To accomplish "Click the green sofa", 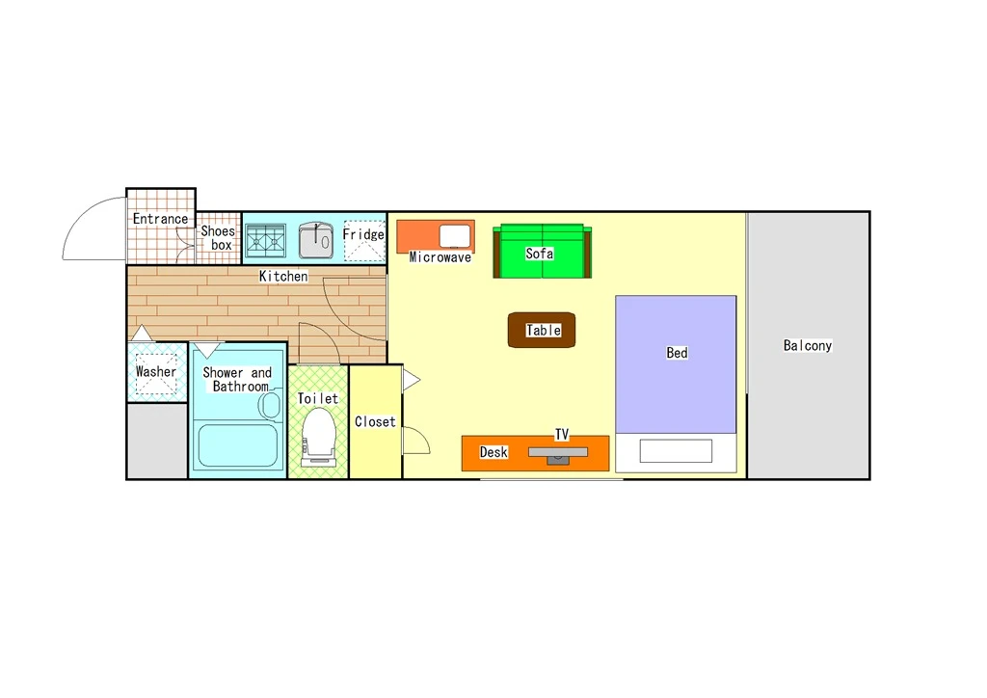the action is pyautogui.click(x=542, y=251).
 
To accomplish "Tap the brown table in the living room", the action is pyautogui.click(x=542, y=330).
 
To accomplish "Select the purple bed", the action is pyautogui.click(x=676, y=364).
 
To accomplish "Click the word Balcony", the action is pyautogui.click(x=808, y=345).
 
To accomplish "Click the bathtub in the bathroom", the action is pyautogui.click(x=237, y=445).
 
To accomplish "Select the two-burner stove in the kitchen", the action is pyautogui.click(x=265, y=241).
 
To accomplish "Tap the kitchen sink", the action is pyautogui.click(x=316, y=240).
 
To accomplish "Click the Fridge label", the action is pyautogui.click(x=363, y=234).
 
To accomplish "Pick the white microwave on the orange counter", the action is pyautogui.click(x=455, y=236).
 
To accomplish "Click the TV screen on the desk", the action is pyautogui.click(x=558, y=452).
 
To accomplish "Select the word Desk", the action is pyautogui.click(x=493, y=452).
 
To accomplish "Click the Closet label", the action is pyautogui.click(x=375, y=421).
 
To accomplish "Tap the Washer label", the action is pyautogui.click(x=156, y=371).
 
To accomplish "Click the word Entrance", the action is pyautogui.click(x=160, y=219).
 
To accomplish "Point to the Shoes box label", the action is pyautogui.click(x=218, y=238).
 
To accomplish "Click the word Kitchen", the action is pyautogui.click(x=283, y=276).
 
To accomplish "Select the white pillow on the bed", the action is pyautogui.click(x=676, y=450).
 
